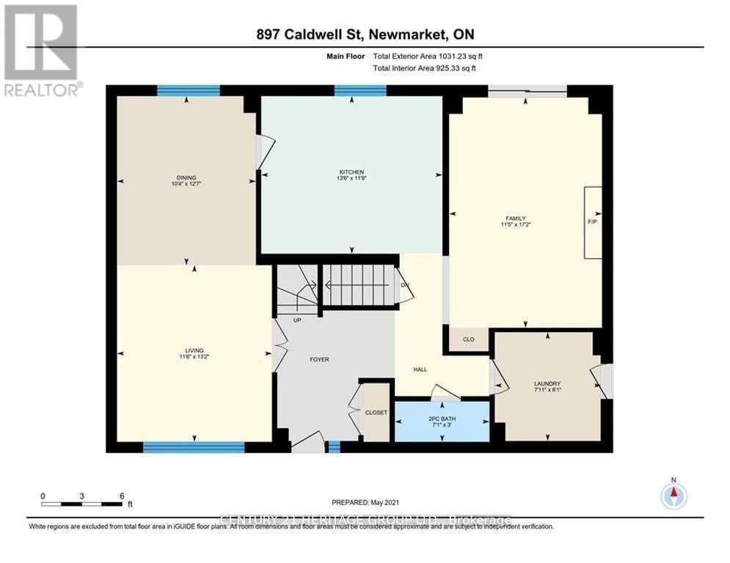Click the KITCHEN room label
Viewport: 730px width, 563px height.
(x=350, y=172)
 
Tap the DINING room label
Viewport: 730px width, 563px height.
(x=186, y=177)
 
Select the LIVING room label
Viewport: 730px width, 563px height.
(x=194, y=350)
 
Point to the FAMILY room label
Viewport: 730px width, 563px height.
(x=516, y=218)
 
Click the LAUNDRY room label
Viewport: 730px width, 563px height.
(x=547, y=383)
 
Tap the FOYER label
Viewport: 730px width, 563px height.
(x=319, y=360)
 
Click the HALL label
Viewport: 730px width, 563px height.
(x=420, y=369)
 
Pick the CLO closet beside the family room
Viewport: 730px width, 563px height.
(x=468, y=339)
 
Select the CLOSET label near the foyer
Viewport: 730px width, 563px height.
(x=376, y=413)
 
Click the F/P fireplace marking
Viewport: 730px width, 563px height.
(x=592, y=221)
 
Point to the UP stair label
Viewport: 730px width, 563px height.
(x=296, y=320)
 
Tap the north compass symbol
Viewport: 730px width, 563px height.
(x=674, y=496)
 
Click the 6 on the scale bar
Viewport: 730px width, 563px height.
(x=122, y=496)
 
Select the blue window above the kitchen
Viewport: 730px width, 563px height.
(x=360, y=90)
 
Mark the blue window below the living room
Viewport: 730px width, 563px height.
(x=194, y=446)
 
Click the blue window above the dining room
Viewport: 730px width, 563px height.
(x=189, y=90)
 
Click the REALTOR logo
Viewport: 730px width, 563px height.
(x=41, y=50)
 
